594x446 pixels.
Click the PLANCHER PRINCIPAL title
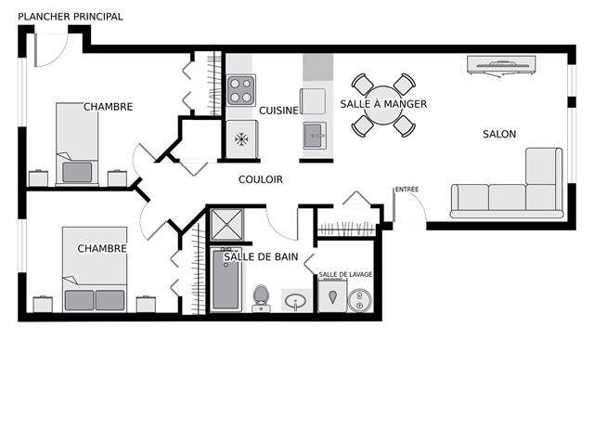click(x=71, y=17)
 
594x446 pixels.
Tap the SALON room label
click(x=499, y=134)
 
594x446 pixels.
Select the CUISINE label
click(x=278, y=111)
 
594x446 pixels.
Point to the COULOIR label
click(x=261, y=179)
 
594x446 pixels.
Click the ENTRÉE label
click(x=407, y=189)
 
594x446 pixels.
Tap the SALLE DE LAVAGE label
click(x=345, y=274)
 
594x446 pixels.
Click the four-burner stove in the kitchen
click(x=241, y=91)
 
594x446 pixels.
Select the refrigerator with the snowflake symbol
click(x=242, y=139)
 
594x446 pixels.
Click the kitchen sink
click(x=315, y=136)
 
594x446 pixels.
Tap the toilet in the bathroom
click(x=261, y=298)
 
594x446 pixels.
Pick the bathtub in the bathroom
click(x=226, y=280)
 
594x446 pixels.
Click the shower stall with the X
click(x=226, y=224)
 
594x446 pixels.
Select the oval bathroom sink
click(x=296, y=301)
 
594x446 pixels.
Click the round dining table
click(x=383, y=105)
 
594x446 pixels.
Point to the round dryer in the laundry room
click(x=360, y=300)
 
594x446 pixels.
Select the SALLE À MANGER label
click(x=383, y=104)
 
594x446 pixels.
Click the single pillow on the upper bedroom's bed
click(x=77, y=172)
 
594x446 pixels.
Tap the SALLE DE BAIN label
click(x=261, y=256)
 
